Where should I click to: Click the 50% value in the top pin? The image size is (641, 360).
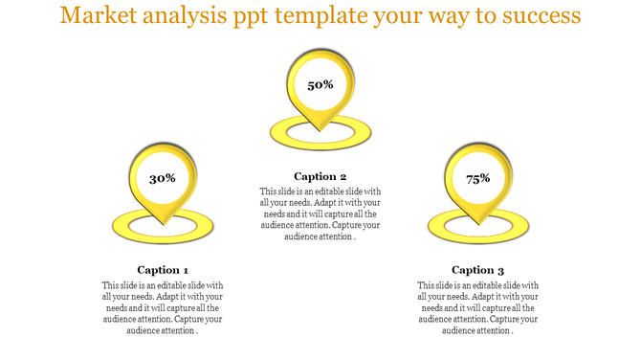(x=320, y=85)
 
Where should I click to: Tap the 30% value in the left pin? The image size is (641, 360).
(x=163, y=178)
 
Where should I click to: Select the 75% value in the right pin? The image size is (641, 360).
(x=478, y=178)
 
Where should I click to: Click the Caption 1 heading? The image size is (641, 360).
(x=163, y=270)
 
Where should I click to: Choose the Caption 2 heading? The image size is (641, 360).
(x=320, y=176)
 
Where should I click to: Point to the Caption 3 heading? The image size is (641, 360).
(x=478, y=270)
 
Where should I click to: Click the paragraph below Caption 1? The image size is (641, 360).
(x=163, y=307)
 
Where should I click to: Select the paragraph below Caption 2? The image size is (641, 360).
(x=320, y=214)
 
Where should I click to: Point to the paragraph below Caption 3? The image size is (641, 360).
(x=478, y=307)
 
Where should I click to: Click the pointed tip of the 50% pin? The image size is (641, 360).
(x=320, y=131)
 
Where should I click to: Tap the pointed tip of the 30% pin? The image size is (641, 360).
(x=163, y=224)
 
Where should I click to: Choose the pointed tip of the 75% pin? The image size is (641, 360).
(x=478, y=224)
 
